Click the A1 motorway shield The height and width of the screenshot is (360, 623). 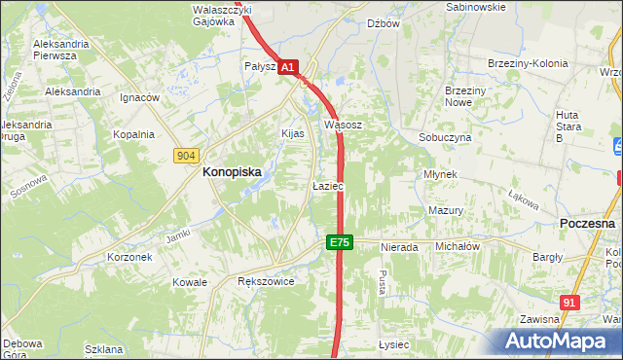[288, 67]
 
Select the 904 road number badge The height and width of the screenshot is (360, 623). [187, 155]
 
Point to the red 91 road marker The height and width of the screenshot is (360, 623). [571, 303]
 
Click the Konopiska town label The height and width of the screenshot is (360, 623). [231, 171]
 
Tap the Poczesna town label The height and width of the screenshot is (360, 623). [588, 223]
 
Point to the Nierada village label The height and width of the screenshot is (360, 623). [399, 247]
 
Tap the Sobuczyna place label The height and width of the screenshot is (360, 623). [445, 138]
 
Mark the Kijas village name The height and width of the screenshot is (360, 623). [293, 132]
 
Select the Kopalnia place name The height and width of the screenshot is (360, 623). [134, 134]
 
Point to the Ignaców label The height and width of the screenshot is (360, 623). [139, 97]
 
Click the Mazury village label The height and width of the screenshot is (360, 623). [445, 210]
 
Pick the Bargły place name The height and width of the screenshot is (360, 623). [548, 257]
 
